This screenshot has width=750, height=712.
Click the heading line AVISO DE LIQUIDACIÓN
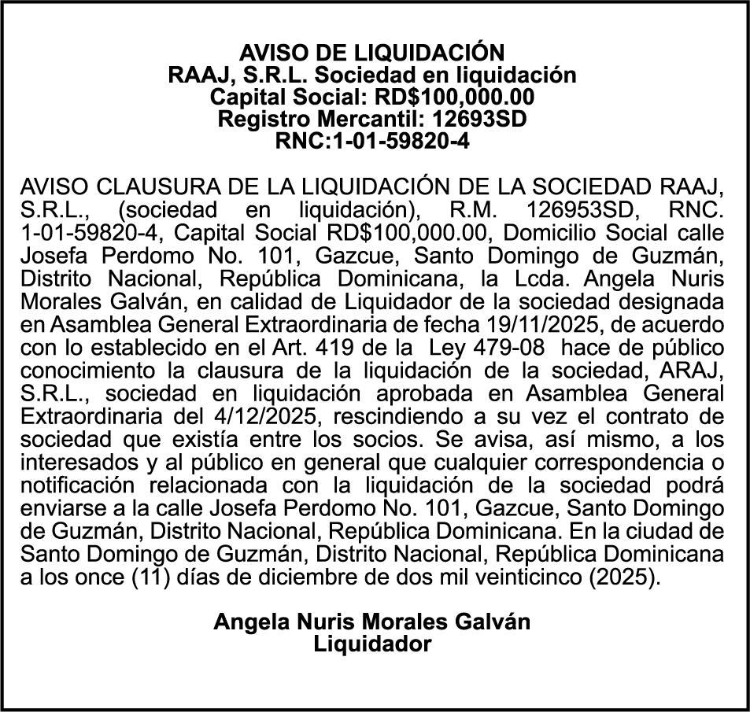coord(371,53)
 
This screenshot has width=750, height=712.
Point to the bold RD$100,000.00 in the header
coord(460,98)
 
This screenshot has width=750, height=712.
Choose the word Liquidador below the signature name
coord(372,644)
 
